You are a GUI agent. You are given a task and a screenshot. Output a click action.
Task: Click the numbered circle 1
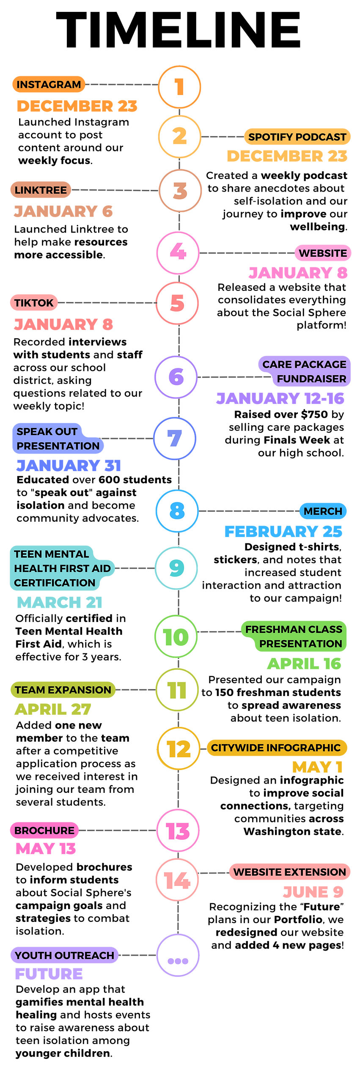click(x=179, y=87)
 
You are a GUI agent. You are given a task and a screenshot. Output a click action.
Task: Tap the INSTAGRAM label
click(x=49, y=85)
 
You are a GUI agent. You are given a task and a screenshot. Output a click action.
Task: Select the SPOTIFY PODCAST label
click(x=297, y=137)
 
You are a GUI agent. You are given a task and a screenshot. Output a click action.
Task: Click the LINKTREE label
click(x=41, y=190)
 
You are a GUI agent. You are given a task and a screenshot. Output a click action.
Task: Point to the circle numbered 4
click(x=178, y=252)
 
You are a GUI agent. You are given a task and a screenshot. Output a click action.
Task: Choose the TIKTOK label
click(x=34, y=303)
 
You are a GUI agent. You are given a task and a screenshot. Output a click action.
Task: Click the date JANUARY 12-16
click(x=280, y=398)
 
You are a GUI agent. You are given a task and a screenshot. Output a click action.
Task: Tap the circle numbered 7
click(x=175, y=439)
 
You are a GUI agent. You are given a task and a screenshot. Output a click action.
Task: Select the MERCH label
click(x=323, y=511)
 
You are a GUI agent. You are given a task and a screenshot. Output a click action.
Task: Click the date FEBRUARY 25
click(x=283, y=532)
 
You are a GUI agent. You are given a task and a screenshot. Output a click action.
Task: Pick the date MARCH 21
click(x=60, y=602)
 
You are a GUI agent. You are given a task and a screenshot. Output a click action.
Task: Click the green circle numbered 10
click(x=176, y=636)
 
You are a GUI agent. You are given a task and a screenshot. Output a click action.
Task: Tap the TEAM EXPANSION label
click(x=63, y=690)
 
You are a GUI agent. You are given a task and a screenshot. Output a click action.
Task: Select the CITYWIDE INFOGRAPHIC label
click(x=276, y=748)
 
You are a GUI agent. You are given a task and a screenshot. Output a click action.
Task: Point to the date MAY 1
click(x=317, y=767)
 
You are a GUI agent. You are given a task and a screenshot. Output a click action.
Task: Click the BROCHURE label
click(x=44, y=831)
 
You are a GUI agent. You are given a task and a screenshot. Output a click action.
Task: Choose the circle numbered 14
click(x=177, y=880)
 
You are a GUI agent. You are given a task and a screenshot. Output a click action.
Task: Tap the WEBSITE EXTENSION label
click(x=290, y=872)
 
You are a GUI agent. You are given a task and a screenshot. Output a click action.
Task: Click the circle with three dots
click(x=178, y=956)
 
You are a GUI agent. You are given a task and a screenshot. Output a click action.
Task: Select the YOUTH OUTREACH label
click(x=64, y=955)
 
